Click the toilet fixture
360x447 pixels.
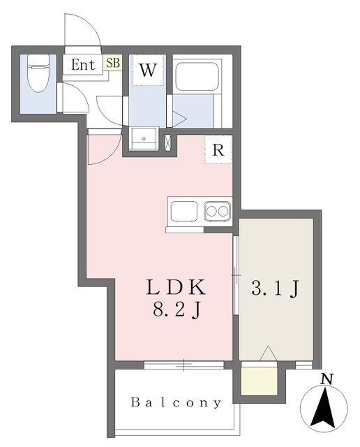38,73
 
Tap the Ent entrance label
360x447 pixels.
83,64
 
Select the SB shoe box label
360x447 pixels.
113,62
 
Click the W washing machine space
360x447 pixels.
148,70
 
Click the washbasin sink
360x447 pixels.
144,138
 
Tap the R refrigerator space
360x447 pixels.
218,149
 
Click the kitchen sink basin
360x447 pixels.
184,211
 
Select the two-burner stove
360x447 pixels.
217,211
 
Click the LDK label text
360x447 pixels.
176,287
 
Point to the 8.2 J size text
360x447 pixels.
176,309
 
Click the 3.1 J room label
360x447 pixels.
275,288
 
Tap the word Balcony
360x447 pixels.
176,402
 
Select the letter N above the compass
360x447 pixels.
327,379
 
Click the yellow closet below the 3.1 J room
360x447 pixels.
259,381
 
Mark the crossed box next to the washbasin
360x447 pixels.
168,142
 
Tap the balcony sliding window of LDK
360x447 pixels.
184,365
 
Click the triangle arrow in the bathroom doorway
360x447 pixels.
179,119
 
